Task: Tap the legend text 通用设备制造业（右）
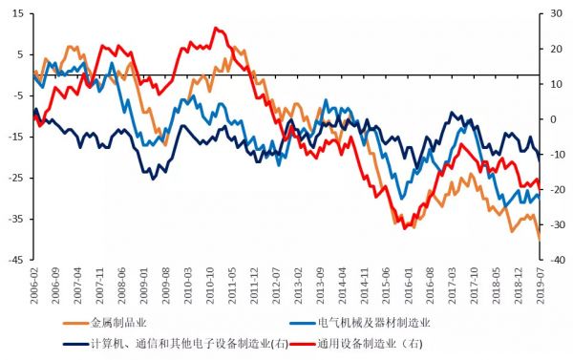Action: click(x=367, y=344)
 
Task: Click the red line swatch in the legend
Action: click(x=302, y=344)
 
